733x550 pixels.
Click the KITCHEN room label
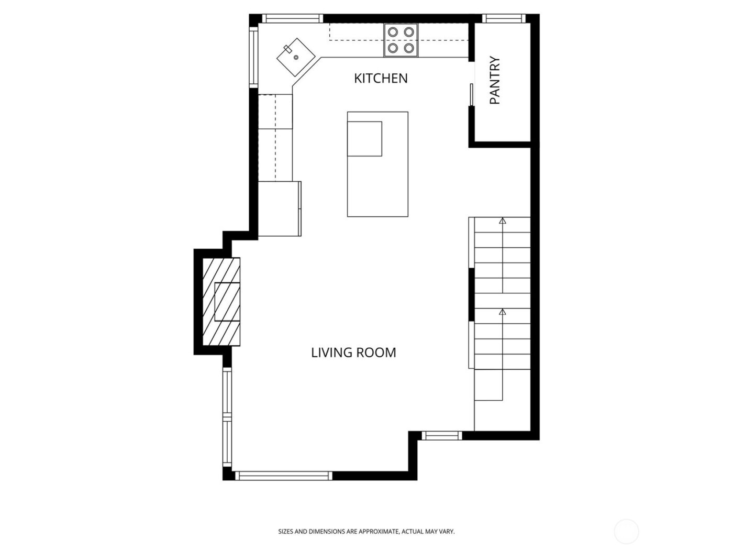coord(381,79)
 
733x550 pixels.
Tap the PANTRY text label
coord(495,81)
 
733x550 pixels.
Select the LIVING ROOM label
coord(353,353)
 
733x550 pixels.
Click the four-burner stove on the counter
coord(402,40)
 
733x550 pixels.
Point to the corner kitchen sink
coord(296,56)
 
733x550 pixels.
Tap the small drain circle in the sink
coord(296,57)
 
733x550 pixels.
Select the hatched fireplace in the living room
coord(221,301)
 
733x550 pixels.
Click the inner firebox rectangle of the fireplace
coord(227,302)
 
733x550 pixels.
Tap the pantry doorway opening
coord(471,84)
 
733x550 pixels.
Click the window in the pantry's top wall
coord(504,19)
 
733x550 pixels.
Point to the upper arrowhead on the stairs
coord(503,222)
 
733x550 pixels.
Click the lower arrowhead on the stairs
coord(503,312)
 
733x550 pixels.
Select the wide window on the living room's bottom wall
coord(283,476)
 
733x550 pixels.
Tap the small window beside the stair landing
coord(442,435)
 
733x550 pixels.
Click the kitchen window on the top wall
coord(293,19)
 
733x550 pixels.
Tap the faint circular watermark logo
coord(626,531)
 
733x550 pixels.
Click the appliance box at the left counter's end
coord(280,209)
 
